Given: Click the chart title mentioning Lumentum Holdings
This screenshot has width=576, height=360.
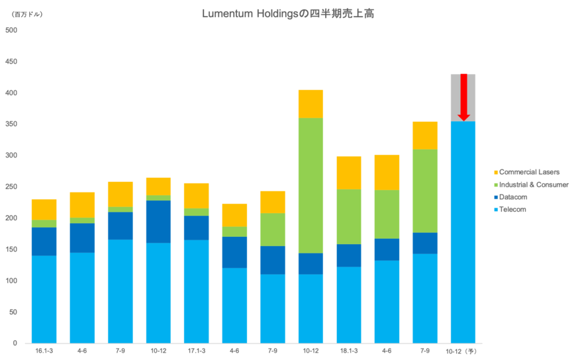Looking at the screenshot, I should (x=288, y=14).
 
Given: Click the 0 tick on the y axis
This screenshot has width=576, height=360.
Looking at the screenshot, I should (x=14, y=343).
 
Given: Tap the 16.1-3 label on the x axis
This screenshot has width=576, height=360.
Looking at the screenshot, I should (x=44, y=350).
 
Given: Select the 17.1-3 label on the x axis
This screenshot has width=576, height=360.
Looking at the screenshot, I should (x=196, y=350).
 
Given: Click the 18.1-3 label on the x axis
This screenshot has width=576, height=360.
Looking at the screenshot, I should (x=349, y=350).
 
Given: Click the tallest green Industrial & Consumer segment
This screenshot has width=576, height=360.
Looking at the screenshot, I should (x=311, y=185).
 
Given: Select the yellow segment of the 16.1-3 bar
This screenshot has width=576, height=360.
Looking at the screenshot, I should (x=44, y=208).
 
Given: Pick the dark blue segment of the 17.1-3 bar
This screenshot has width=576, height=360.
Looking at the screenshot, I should (x=196, y=228).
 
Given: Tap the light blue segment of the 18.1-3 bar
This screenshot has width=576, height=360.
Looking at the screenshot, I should (x=349, y=304).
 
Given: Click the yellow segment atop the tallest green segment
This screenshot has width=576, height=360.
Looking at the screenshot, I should (x=311, y=103).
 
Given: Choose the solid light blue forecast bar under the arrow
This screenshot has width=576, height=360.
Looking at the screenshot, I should (x=463, y=232).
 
